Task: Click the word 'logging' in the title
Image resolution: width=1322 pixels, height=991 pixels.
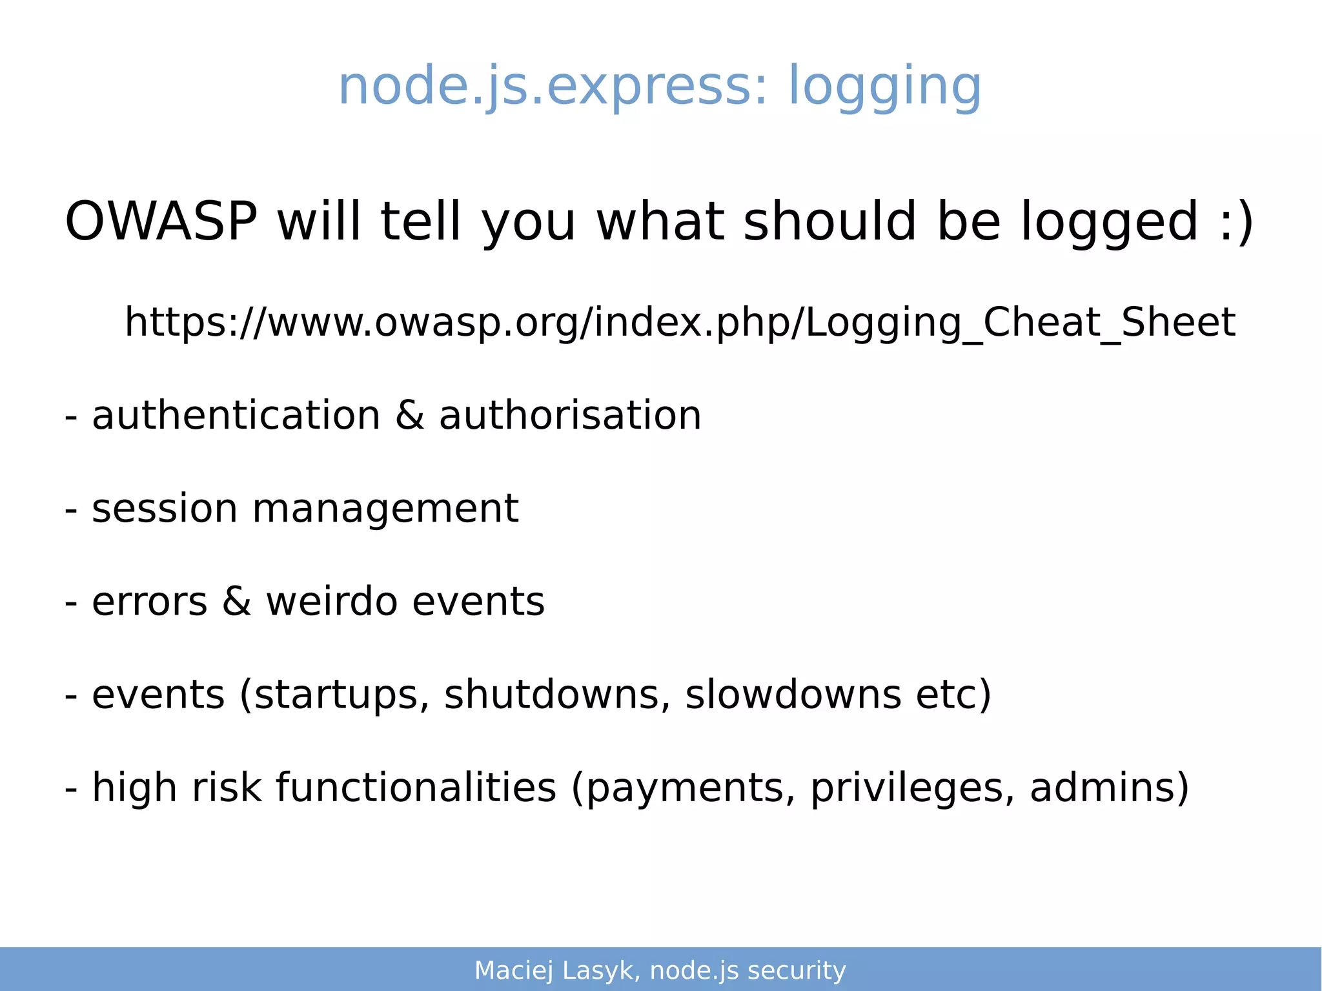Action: pyautogui.click(x=884, y=87)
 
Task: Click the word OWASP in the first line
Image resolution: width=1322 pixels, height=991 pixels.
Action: pyautogui.click(x=161, y=221)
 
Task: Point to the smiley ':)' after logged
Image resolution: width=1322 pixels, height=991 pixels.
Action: pyautogui.click(x=1236, y=221)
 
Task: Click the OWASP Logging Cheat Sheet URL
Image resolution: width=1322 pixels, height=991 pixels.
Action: pyautogui.click(x=680, y=322)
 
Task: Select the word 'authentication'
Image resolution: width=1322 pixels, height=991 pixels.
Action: pyautogui.click(x=236, y=415)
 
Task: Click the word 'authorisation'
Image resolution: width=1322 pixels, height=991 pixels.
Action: pyautogui.click(x=570, y=415)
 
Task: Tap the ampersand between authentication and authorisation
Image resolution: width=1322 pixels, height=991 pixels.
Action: pyautogui.click(x=410, y=415)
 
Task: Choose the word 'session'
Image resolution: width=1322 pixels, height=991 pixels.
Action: pyautogui.click(x=165, y=508)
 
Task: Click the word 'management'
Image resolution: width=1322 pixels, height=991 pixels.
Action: pyautogui.click(x=385, y=509)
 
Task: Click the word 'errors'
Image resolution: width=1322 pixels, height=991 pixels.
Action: pyautogui.click(x=150, y=602)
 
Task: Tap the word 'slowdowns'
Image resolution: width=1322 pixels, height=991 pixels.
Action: pyautogui.click(x=793, y=695)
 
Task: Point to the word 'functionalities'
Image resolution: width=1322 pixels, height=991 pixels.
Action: pyautogui.click(x=416, y=788)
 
